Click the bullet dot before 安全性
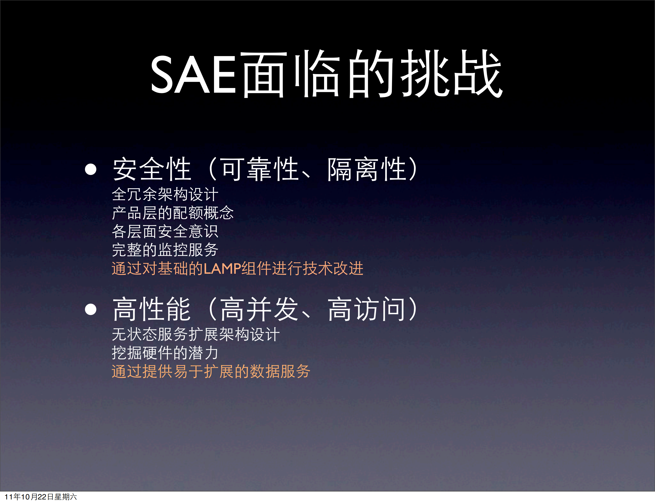pos(91,169)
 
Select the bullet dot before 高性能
pos(91,309)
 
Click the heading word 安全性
pos(152,169)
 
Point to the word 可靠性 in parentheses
pos(260,169)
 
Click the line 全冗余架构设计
pos(165,194)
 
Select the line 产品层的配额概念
pos(173,213)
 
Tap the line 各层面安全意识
pos(165,231)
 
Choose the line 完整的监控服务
pos(165,250)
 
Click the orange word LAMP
pos(222,269)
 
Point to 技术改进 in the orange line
pos(333,268)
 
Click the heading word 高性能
pos(152,309)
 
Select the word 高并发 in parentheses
pos(260,309)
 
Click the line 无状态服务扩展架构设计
pos(196,334)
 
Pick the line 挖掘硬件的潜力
pos(165,353)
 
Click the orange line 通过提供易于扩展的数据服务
pos(211,372)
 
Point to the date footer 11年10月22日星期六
pos(41,497)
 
